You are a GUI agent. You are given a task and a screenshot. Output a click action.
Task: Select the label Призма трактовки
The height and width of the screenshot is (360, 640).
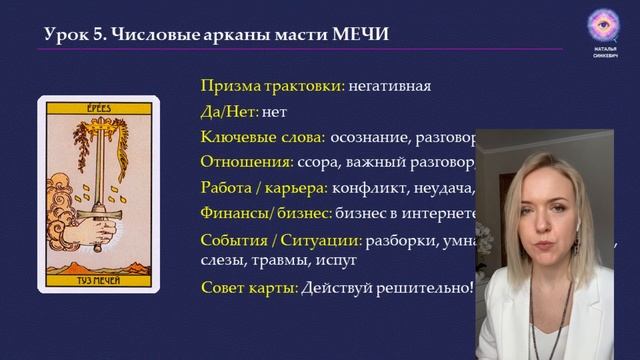[x=272, y=85]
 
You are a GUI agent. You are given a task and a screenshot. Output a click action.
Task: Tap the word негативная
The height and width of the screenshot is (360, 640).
[x=390, y=85]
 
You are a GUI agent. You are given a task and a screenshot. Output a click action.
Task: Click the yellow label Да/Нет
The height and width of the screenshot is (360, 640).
[x=229, y=111]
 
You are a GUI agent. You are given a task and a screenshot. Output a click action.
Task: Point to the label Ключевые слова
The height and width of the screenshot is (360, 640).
[x=263, y=136]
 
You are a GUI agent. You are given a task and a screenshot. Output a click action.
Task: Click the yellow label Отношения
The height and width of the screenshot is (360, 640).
[x=246, y=160]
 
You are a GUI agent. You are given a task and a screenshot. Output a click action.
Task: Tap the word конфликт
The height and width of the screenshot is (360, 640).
[x=367, y=186]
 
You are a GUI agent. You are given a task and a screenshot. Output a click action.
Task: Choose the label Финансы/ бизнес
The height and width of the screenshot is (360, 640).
[x=267, y=211]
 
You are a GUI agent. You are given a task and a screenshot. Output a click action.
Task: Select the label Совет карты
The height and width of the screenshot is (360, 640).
[x=249, y=288]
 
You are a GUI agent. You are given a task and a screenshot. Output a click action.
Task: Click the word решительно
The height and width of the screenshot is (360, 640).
[x=422, y=288]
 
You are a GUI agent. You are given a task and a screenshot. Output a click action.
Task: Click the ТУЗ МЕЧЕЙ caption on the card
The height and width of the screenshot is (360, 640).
[x=98, y=282]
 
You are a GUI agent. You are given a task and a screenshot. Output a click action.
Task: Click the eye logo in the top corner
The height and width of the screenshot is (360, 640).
[x=602, y=24]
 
